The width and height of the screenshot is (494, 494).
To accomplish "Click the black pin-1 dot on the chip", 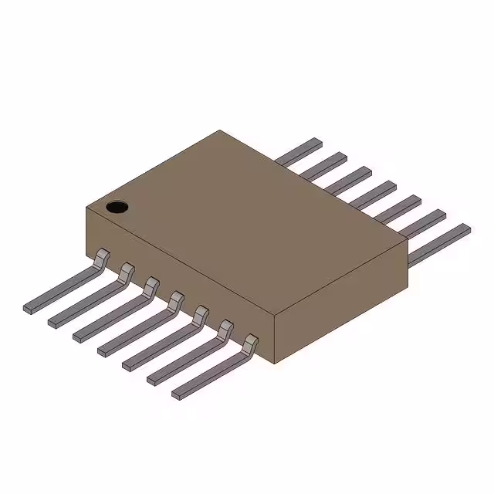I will (117, 206).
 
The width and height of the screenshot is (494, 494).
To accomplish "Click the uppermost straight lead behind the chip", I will (301, 152).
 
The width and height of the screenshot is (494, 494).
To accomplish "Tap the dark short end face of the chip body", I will (340, 309).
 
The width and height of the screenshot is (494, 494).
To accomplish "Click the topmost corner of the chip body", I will (220, 130).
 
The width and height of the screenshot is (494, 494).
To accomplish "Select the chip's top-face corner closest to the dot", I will (85, 207).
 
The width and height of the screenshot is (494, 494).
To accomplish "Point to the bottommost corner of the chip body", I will (275, 364).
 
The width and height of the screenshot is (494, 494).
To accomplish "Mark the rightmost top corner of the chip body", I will (407, 245).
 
